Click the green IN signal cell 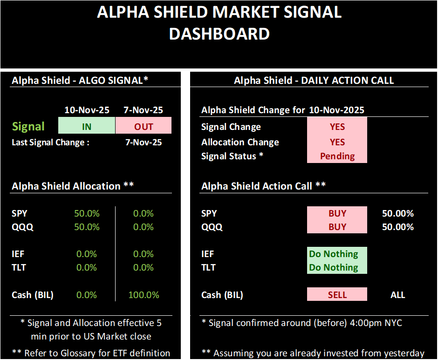tap(87, 126)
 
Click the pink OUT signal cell tap(144, 126)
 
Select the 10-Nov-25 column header tap(87, 110)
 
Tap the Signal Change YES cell tap(337, 127)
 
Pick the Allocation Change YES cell tap(337, 142)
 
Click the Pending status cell tap(337, 156)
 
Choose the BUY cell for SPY tap(337, 213)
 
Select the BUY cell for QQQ tap(337, 227)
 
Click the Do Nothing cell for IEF tap(337, 254)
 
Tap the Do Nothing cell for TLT tap(337, 267)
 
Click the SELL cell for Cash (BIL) tap(337, 295)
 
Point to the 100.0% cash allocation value tap(144, 295)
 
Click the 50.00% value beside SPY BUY tap(397, 213)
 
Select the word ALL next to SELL tap(397, 295)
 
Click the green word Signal tap(28, 126)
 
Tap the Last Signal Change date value tap(144, 143)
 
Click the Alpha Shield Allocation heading tap(73, 186)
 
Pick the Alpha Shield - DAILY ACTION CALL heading tap(314, 80)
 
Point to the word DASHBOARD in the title tap(219, 34)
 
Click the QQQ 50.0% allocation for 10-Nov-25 tap(87, 227)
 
